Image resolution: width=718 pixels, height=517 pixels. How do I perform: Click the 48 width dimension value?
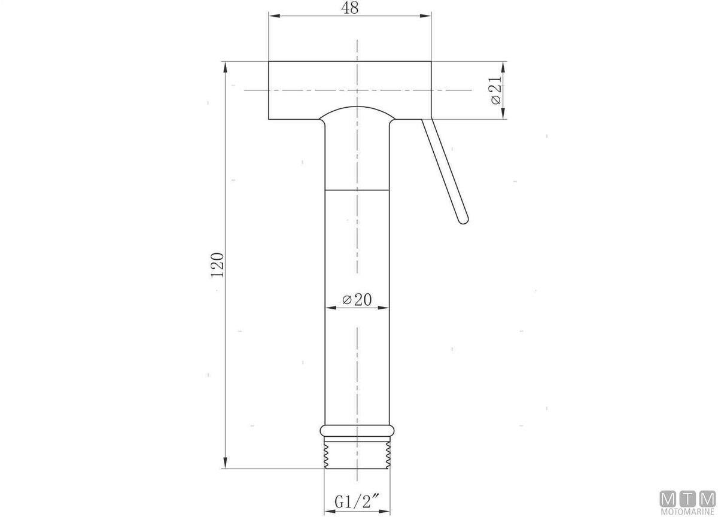(x=349, y=8)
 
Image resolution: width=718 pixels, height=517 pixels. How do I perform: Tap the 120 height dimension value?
(x=217, y=265)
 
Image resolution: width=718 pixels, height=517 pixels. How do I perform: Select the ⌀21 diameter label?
(x=495, y=90)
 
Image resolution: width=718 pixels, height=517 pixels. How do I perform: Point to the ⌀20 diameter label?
(x=357, y=300)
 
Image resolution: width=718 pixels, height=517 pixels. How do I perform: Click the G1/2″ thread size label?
(x=357, y=501)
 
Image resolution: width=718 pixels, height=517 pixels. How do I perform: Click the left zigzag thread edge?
(x=326, y=455)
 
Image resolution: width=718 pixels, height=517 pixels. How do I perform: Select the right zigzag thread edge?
(x=388, y=455)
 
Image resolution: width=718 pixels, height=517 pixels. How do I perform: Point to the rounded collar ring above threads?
(x=357, y=430)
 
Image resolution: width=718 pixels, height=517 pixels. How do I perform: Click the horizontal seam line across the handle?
(x=357, y=190)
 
